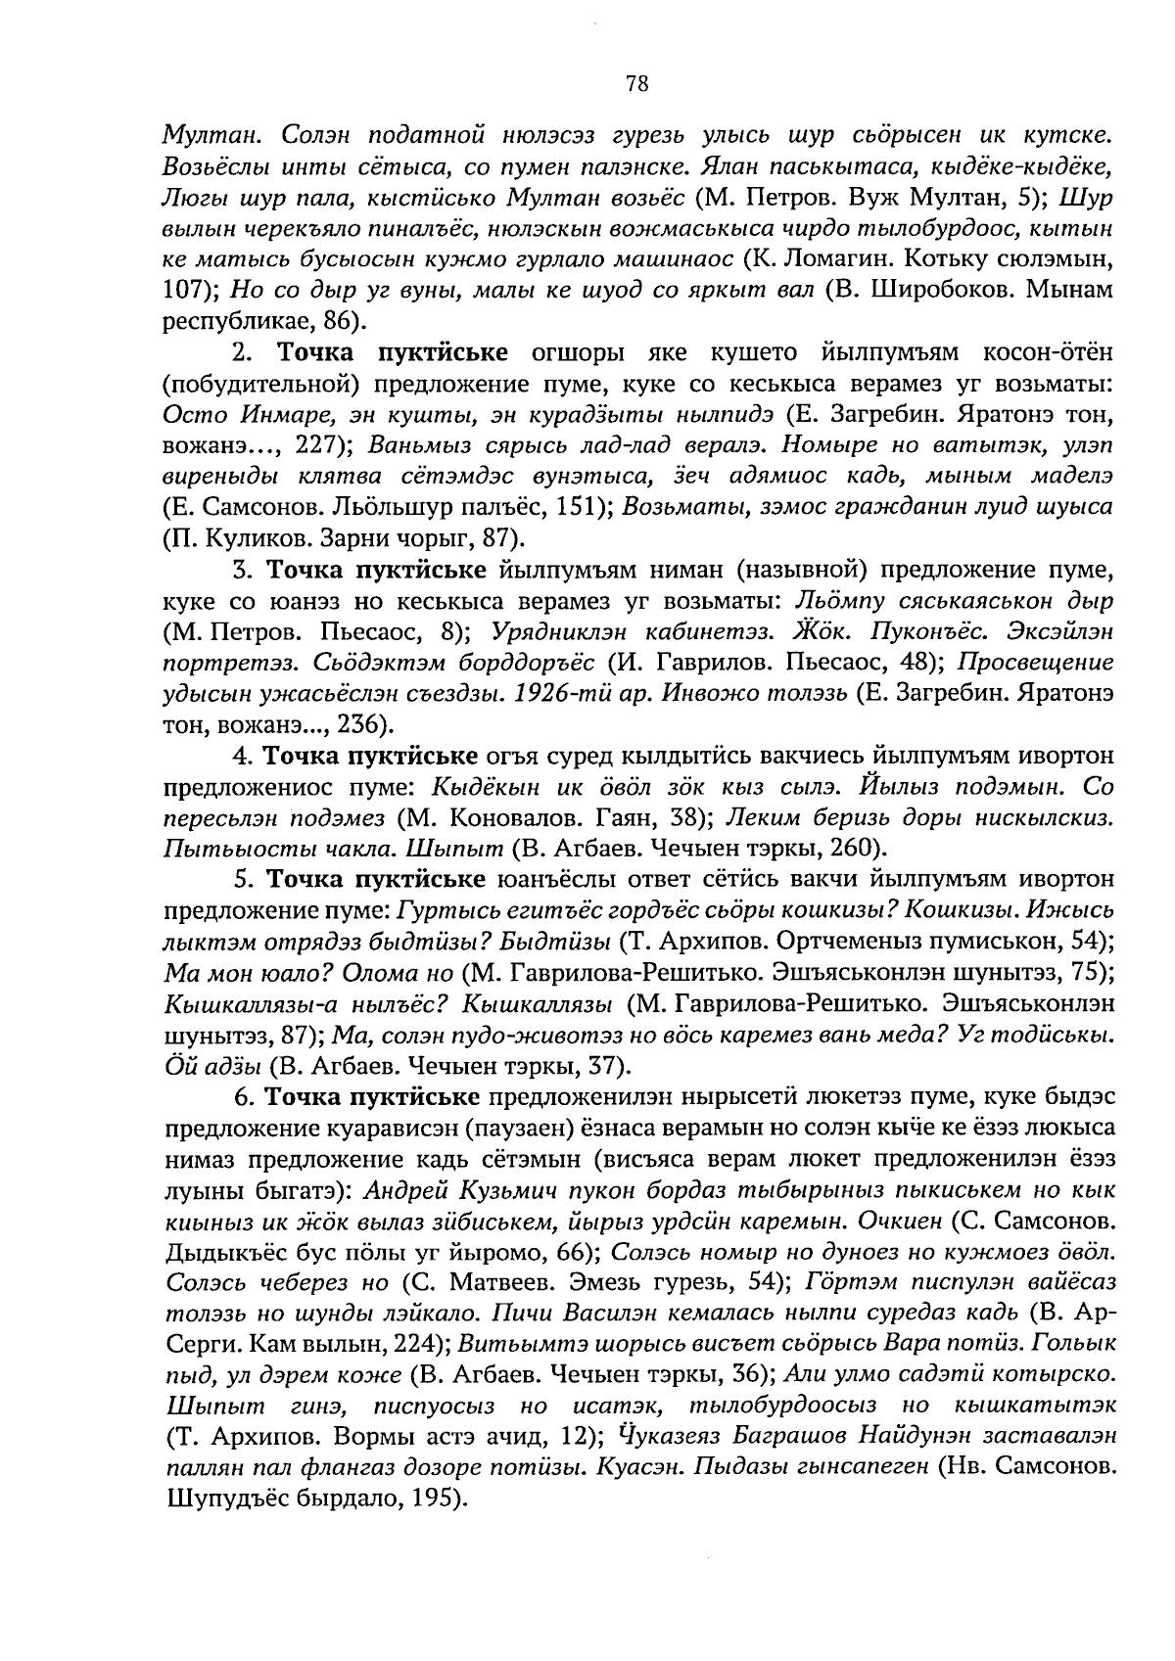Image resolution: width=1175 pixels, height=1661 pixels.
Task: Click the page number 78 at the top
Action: click(636, 84)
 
